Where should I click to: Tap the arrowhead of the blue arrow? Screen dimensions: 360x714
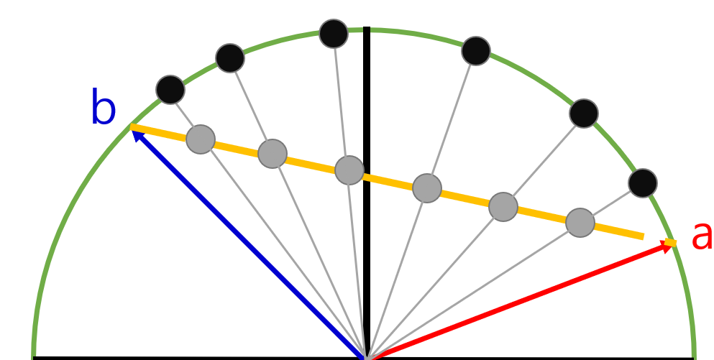click(x=135, y=131)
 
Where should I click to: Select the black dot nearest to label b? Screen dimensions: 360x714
click(x=170, y=90)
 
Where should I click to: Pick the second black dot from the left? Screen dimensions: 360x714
click(x=230, y=58)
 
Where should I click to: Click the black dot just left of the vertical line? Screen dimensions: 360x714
click(x=334, y=34)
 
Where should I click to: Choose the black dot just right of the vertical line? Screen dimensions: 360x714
click(x=476, y=51)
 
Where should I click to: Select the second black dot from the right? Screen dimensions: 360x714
click(x=584, y=114)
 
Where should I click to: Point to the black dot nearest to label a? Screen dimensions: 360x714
click(x=643, y=183)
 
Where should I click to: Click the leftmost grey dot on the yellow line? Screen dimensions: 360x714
click(x=201, y=139)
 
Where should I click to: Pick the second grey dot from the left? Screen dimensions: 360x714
click(x=273, y=154)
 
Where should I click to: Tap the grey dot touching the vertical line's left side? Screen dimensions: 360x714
click(x=349, y=170)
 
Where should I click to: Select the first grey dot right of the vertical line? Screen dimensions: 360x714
click(x=427, y=188)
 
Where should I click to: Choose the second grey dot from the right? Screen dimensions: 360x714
click(x=503, y=207)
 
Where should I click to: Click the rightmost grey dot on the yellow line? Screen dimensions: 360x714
click(x=580, y=223)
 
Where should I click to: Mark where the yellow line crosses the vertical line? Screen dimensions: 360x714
click(x=367, y=176)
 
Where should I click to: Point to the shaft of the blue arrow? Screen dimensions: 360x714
click(x=252, y=244)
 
